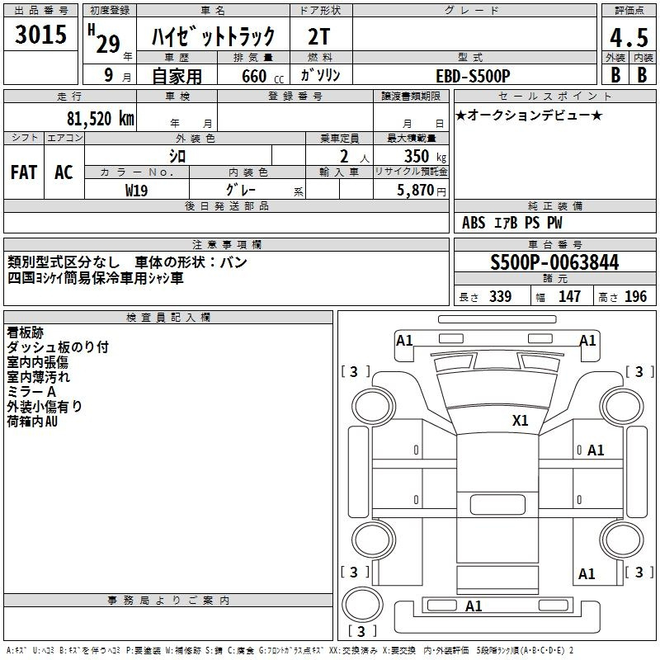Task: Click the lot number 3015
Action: click(41, 35)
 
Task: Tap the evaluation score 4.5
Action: click(628, 37)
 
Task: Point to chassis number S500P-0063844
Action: click(554, 263)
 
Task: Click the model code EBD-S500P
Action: click(473, 75)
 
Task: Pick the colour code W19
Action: click(137, 190)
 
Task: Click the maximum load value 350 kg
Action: click(421, 156)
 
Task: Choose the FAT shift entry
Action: click(24, 172)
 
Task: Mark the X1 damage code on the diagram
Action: click(520, 420)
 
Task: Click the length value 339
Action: click(500, 297)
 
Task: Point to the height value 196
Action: click(635, 297)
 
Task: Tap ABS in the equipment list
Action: click(474, 223)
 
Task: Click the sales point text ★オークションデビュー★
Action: click(529, 115)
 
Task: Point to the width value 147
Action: click(569, 297)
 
